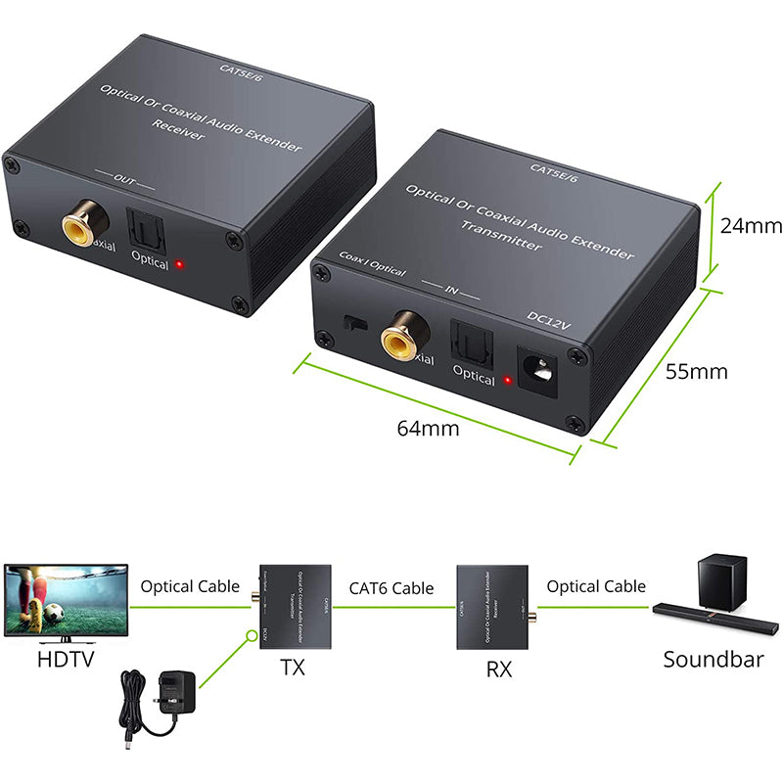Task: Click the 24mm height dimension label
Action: tap(751, 226)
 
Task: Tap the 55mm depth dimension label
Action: tap(696, 372)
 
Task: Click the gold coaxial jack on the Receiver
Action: tap(84, 227)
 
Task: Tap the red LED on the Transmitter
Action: tap(508, 381)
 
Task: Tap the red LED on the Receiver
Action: tap(180, 264)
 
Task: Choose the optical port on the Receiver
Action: tap(144, 229)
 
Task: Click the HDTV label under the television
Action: tap(66, 659)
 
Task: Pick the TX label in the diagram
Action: tap(293, 668)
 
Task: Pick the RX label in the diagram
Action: tap(499, 669)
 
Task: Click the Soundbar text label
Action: tap(713, 659)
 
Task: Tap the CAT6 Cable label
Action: tap(391, 588)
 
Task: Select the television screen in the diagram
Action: tap(66, 599)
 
